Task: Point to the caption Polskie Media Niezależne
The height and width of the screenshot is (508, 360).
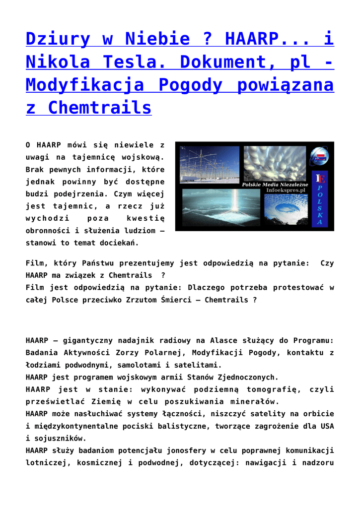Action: coord(275,184)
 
